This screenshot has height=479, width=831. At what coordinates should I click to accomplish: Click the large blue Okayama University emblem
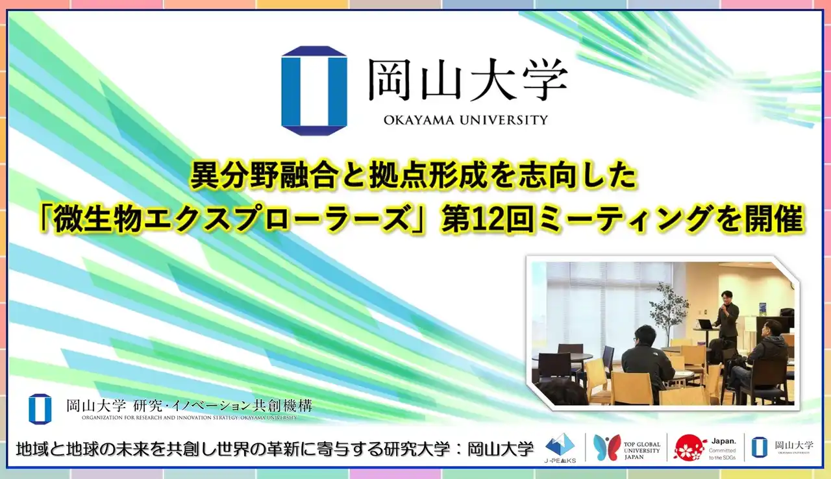314,90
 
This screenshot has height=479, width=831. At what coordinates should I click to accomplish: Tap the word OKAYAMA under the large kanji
415,119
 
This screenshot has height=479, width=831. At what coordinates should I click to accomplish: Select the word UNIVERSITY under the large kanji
504,119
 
